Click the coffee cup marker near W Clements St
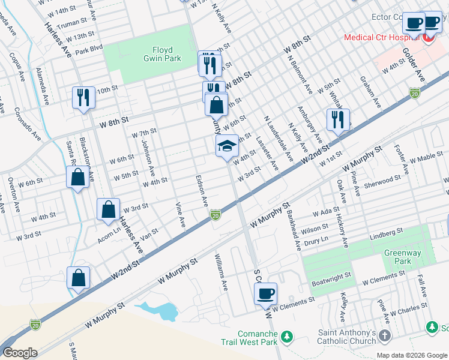(265, 295)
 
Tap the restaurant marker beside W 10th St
(83, 97)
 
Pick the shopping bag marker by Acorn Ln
(109, 210)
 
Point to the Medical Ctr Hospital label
(381, 38)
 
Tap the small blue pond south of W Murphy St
(158, 311)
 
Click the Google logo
(20, 352)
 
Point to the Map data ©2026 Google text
(411, 355)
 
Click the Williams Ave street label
(221, 272)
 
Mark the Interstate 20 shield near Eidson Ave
(215, 214)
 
